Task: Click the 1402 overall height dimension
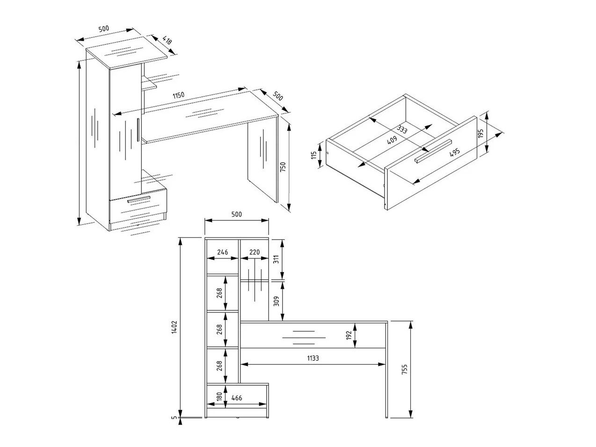pos(174,327)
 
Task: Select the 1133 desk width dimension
pos(313,358)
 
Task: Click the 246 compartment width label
pos(222,252)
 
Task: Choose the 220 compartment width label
pos(254,252)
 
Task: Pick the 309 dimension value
pos(276,301)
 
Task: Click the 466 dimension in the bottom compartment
pos(237,398)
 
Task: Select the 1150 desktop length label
pos(178,95)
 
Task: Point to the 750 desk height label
pos(283,167)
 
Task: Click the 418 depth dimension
pos(167,41)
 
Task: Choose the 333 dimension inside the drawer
pos(401,129)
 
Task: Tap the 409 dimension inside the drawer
pos(392,139)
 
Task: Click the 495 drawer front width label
pos(454,152)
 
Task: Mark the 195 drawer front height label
pos(480,133)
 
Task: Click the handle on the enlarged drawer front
pos(433,151)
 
